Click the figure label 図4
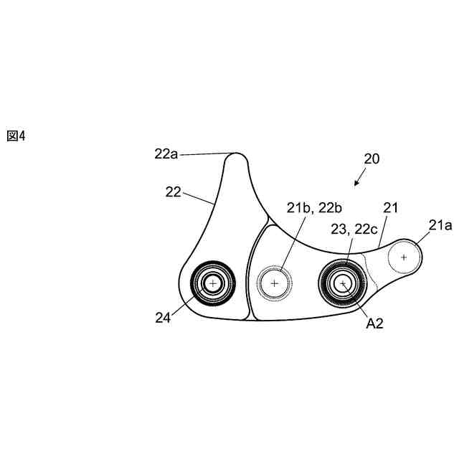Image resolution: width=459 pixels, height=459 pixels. [16, 136]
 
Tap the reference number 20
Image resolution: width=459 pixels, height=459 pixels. [372, 158]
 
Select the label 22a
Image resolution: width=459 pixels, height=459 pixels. [166, 153]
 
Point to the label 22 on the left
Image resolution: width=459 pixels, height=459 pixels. [174, 191]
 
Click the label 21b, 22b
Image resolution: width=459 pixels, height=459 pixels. [314, 208]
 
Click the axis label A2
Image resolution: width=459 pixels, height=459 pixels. [374, 323]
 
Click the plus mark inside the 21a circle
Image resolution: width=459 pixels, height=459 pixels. [404, 256]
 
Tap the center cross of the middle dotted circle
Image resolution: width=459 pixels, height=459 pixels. [274, 283]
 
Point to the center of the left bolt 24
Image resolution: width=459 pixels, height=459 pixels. [212, 283]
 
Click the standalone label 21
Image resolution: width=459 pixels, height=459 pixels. [390, 208]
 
